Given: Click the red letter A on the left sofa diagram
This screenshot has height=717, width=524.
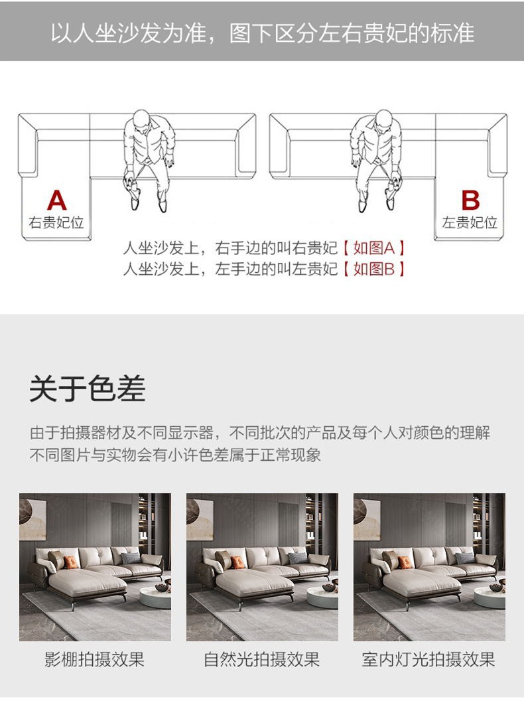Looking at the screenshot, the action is pos(56,200).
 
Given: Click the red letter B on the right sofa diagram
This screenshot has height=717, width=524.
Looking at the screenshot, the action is pos(470,200).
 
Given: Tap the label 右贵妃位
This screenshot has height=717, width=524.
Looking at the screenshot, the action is pos(56,222).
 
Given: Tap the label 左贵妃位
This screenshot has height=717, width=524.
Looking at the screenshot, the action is pos(470,222).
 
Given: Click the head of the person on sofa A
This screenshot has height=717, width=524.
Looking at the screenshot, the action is pos(142,119).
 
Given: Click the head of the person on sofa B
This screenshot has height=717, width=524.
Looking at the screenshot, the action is pos(384,119).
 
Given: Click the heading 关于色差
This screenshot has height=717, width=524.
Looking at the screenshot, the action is pos(88,388).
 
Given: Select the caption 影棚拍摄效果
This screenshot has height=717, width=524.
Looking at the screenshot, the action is pos(95,659).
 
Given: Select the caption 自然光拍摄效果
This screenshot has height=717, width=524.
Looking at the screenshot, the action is pos(262,659).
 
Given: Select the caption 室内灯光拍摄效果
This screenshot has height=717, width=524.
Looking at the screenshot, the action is pos(428,659).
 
